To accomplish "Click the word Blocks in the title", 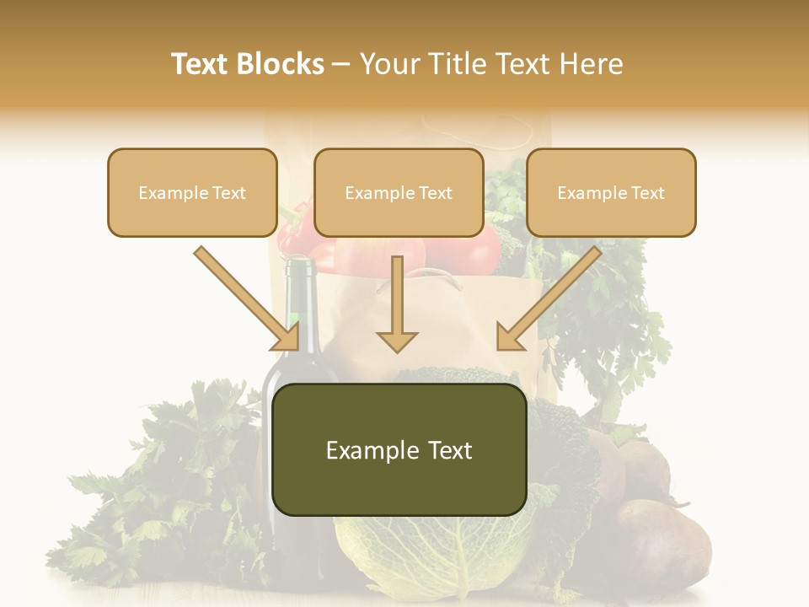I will tap(283, 64).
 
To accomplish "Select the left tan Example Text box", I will tap(192, 193).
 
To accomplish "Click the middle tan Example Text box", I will tap(399, 193).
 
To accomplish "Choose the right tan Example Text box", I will tap(611, 193).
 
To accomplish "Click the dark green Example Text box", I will tap(399, 450).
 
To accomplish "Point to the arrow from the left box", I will tap(249, 298).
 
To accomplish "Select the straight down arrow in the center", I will tap(397, 308).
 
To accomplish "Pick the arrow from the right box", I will tap(548, 298).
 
